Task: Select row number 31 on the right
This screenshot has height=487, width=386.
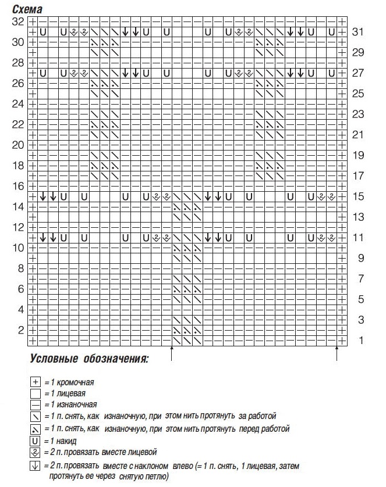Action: click(357, 32)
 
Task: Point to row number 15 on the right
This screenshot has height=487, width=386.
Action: click(357, 196)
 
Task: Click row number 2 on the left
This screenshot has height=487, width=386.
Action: click(20, 330)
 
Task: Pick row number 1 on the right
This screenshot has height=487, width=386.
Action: click(360, 341)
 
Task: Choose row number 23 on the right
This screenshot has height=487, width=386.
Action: click(357, 114)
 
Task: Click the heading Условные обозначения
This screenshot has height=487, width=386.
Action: click(88, 359)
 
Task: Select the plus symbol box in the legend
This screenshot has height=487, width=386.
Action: click(36, 382)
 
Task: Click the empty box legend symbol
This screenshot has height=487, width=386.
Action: click(36, 393)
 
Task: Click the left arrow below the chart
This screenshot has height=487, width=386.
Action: click(172, 353)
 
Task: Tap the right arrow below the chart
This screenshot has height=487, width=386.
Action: click(337, 353)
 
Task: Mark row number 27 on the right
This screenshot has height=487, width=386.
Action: click(357, 73)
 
